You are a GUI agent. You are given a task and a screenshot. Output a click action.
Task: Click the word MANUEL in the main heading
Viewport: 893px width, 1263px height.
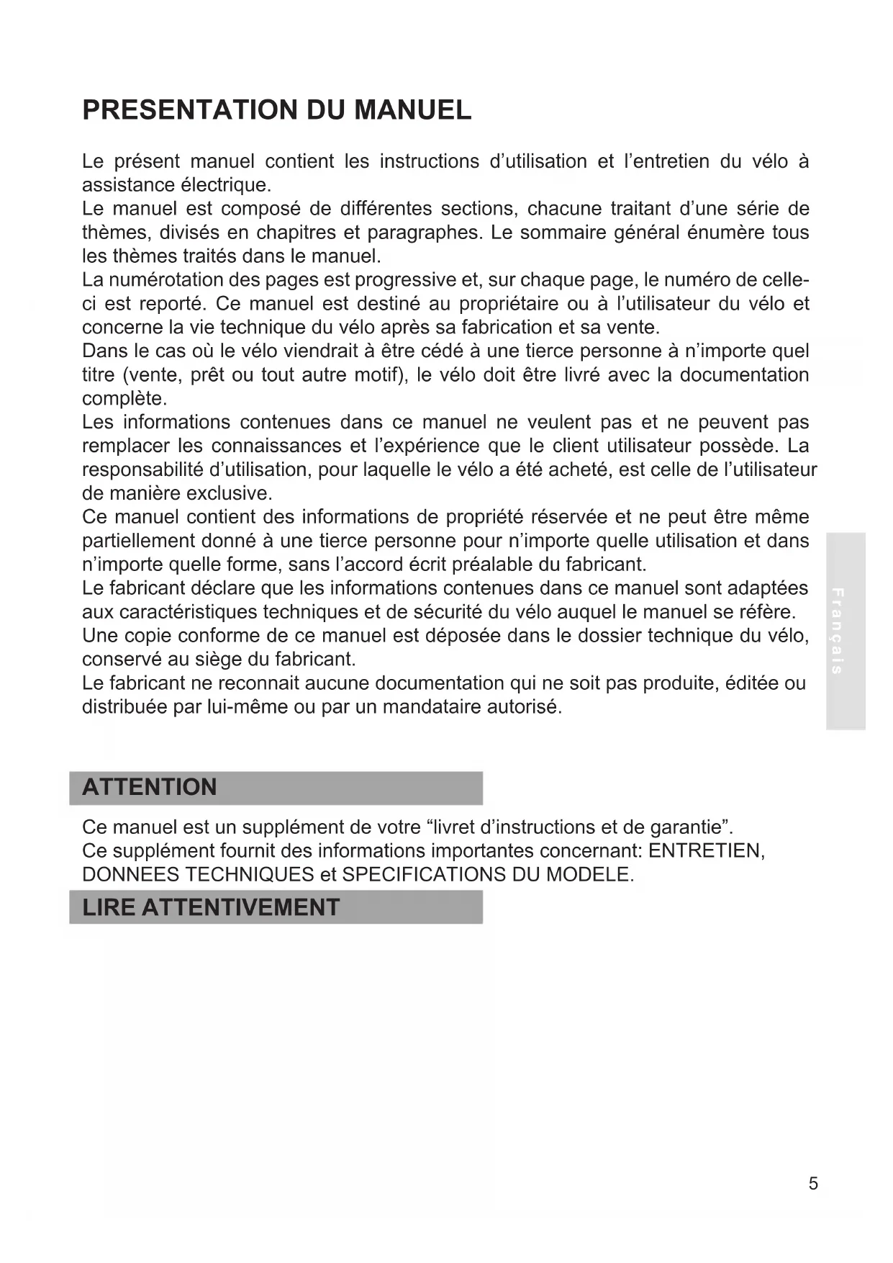click(x=413, y=110)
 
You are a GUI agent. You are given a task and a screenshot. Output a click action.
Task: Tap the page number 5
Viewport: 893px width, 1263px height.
click(x=813, y=1184)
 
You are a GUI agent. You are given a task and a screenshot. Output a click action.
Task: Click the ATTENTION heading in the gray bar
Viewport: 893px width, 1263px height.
click(x=150, y=787)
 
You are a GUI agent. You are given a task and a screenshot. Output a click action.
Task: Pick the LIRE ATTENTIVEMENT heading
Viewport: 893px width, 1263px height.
click(x=211, y=907)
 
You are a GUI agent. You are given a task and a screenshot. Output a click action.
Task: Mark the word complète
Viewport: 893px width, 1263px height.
click(x=124, y=399)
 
